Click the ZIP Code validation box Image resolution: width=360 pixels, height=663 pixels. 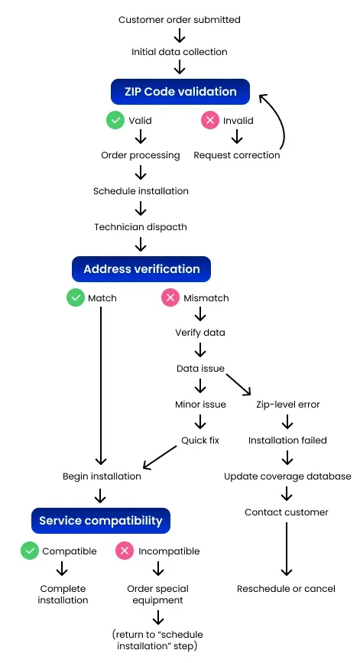[x=180, y=92]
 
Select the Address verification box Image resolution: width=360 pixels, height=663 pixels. [x=141, y=269]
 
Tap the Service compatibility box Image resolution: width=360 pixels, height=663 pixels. [x=101, y=521]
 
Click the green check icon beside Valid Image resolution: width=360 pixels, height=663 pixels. [x=115, y=120]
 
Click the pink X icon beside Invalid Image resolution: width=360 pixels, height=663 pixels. [x=209, y=120]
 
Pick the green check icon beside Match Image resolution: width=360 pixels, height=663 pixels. [x=75, y=297]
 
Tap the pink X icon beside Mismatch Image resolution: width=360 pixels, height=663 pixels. [x=170, y=297]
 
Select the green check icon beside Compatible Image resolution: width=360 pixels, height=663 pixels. [x=30, y=551]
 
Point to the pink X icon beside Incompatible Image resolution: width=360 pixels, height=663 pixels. [x=125, y=551]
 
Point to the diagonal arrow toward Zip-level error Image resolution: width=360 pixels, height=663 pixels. [x=238, y=382]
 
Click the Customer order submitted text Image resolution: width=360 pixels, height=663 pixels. [x=180, y=20]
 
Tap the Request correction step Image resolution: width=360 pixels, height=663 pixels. [x=237, y=155]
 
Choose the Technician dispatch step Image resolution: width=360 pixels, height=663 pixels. [x=141, y=227]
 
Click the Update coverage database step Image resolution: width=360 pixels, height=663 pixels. [x=287, y=476]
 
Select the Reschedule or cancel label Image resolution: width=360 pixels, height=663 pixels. [x=286, y=589]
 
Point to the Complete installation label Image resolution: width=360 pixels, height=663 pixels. [x=63, y=594]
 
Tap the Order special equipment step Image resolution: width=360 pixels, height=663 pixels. [x=157, y=594]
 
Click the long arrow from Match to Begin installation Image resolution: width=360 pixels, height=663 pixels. [x=101, y=382]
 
